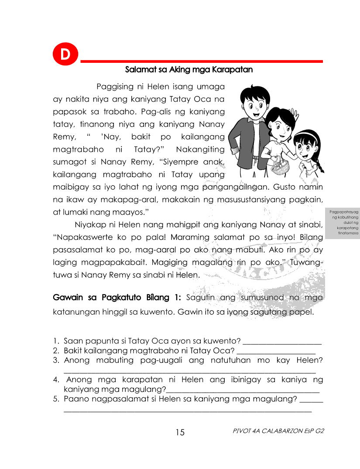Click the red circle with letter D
click(x=65, y=55)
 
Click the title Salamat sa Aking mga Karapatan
click(x=189, y=69)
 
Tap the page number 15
click(x=180, y=432)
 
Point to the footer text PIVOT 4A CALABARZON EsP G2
click(x=279, y=431)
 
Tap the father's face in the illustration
click(x=251, y=105)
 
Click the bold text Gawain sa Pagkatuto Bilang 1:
click(x=117, y=298)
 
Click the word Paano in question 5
click(x=75, y=399)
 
